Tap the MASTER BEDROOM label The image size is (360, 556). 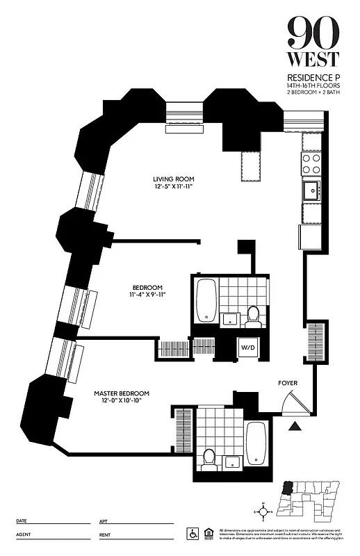click(122, 393)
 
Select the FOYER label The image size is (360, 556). click(288, 382)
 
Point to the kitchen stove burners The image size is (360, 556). click(311, 163)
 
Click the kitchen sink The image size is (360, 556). click(311, 188)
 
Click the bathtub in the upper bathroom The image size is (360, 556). click(206, 301)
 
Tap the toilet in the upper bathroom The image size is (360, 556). click(253, 316)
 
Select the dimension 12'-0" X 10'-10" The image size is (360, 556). click(122, 402)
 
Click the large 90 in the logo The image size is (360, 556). click(313, 31)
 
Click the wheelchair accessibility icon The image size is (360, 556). click(192, 533)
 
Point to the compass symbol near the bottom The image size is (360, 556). click(263, 512)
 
